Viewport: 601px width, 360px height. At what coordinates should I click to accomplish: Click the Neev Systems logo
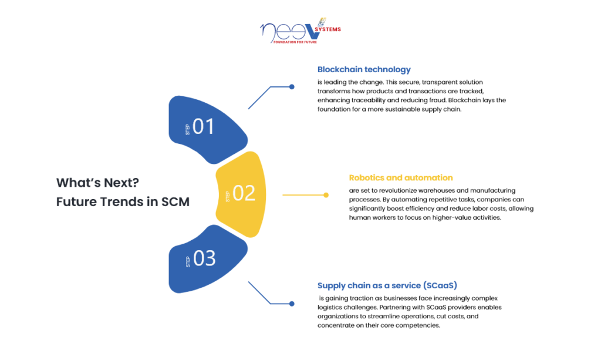point(300,31)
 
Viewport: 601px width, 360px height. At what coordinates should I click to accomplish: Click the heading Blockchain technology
point(364,69)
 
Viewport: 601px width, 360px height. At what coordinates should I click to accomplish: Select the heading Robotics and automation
point(400,177)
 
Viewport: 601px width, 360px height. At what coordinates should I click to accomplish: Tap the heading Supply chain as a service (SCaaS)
point(387,285)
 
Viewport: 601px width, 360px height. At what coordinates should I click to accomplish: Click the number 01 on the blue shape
point(203,126)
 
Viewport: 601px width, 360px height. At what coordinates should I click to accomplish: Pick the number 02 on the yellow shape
point(244,193)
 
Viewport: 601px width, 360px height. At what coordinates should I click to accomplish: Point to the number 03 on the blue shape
point(204,258)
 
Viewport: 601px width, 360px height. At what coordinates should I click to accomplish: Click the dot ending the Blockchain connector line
point(292,87)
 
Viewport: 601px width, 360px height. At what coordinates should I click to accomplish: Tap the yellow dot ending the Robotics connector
point(326,195)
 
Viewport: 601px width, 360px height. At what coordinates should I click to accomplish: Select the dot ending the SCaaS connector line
point(292,304)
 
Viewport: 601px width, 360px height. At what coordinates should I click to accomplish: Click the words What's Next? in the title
point(97,183)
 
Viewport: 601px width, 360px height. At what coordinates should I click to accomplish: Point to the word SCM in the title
point(175,201)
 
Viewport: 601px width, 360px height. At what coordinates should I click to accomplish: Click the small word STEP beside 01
point(187,130)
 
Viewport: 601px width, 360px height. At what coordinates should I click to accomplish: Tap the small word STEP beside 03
point(188,262)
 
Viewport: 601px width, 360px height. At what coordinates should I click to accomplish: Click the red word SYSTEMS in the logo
point(327,29)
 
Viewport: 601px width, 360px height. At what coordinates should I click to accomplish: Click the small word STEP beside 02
point(228,196)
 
